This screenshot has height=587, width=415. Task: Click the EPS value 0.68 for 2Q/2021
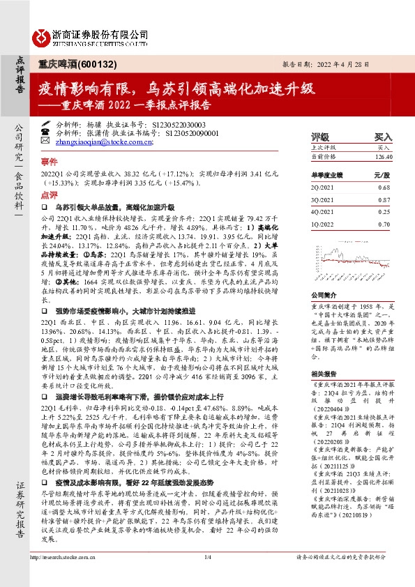pyautogui.click(x=382, y=188)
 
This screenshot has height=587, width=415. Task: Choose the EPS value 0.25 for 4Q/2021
pyautogui.click(x=382, y=211)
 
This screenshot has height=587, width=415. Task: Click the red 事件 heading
pyautogui.click(x=49, y=160)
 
